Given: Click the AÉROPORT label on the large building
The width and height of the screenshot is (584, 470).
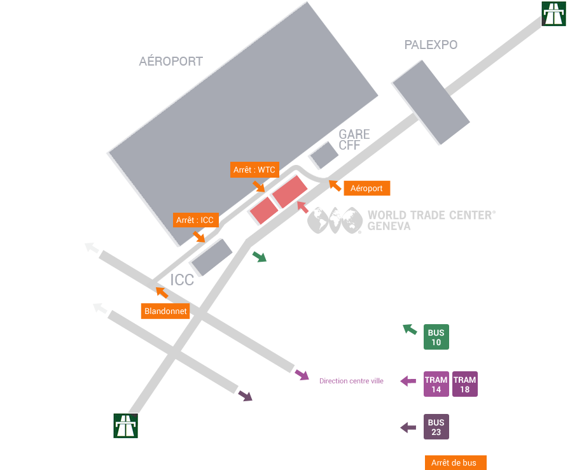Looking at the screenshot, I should pyautogui.click(x=170, y=61).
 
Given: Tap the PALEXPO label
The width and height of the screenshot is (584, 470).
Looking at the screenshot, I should pyautogui.click(x=431, y=45).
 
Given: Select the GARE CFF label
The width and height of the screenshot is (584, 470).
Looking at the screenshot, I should pyautogui.click(x=354, y=139).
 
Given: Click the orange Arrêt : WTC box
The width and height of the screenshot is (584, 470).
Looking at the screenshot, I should pyautogui.click(x=254, y=170).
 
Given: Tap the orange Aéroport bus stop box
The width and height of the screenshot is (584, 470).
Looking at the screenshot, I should pyautogui.click(x=366, y=188).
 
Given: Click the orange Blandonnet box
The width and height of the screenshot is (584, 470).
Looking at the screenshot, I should pyautogui.click(x=165, y=311).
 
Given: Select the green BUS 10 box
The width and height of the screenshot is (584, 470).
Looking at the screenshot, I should pyautogui.click(x=436, y=338).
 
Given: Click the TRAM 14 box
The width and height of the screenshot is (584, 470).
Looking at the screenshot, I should pyautogui.click(x=436, y=385).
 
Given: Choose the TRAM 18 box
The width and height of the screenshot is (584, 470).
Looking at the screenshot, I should pyautogui.click(x=465, y=385).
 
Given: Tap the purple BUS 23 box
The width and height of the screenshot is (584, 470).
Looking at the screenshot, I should pyautogui.click(x=436, y=427).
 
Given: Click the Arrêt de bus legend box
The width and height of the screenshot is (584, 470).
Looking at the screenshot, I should pyautogui.click(x=455, y=463).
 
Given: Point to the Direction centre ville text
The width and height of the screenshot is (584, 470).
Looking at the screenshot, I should pyautogui.click(x=351, y=381).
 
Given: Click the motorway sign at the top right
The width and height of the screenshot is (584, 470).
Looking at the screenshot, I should pyautogui.click(x=553, y=13).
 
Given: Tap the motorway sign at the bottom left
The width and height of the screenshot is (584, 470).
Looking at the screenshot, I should pyautogui.click(x=125, y=425).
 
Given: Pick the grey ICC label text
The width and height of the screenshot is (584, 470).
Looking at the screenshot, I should pyautogui.click(x=182, y=280).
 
